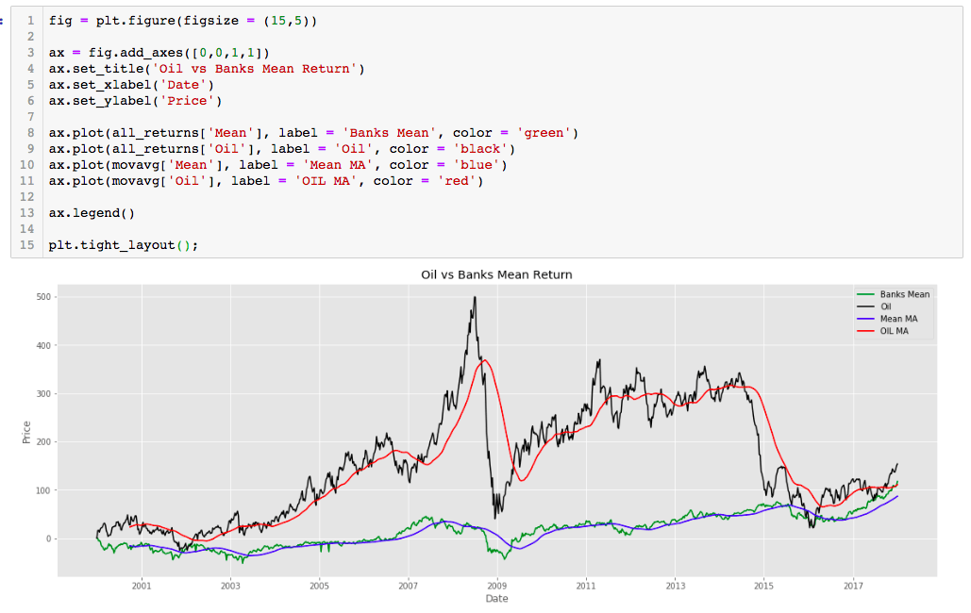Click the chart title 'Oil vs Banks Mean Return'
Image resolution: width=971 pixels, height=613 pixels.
[496, 274]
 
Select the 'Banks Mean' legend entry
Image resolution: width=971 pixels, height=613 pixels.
[904, 294]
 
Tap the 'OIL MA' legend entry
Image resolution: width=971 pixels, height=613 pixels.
[894, 331]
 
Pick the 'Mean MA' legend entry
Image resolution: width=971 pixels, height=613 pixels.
[898, 319]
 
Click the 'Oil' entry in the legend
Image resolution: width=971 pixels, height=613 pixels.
[885, 306]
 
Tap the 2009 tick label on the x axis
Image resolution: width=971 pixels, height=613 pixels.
[497, 586]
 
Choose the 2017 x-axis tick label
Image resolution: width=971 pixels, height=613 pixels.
[852, 586]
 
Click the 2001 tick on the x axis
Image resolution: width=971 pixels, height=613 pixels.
[142, 586]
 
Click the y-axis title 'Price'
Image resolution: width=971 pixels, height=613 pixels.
[26, 432]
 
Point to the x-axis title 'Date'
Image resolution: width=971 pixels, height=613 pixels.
[496, 599]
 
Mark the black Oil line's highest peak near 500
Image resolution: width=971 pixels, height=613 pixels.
[474, 297]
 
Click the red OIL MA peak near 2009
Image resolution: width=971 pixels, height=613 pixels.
[484, 359]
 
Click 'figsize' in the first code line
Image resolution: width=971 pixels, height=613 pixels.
[204, 20]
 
